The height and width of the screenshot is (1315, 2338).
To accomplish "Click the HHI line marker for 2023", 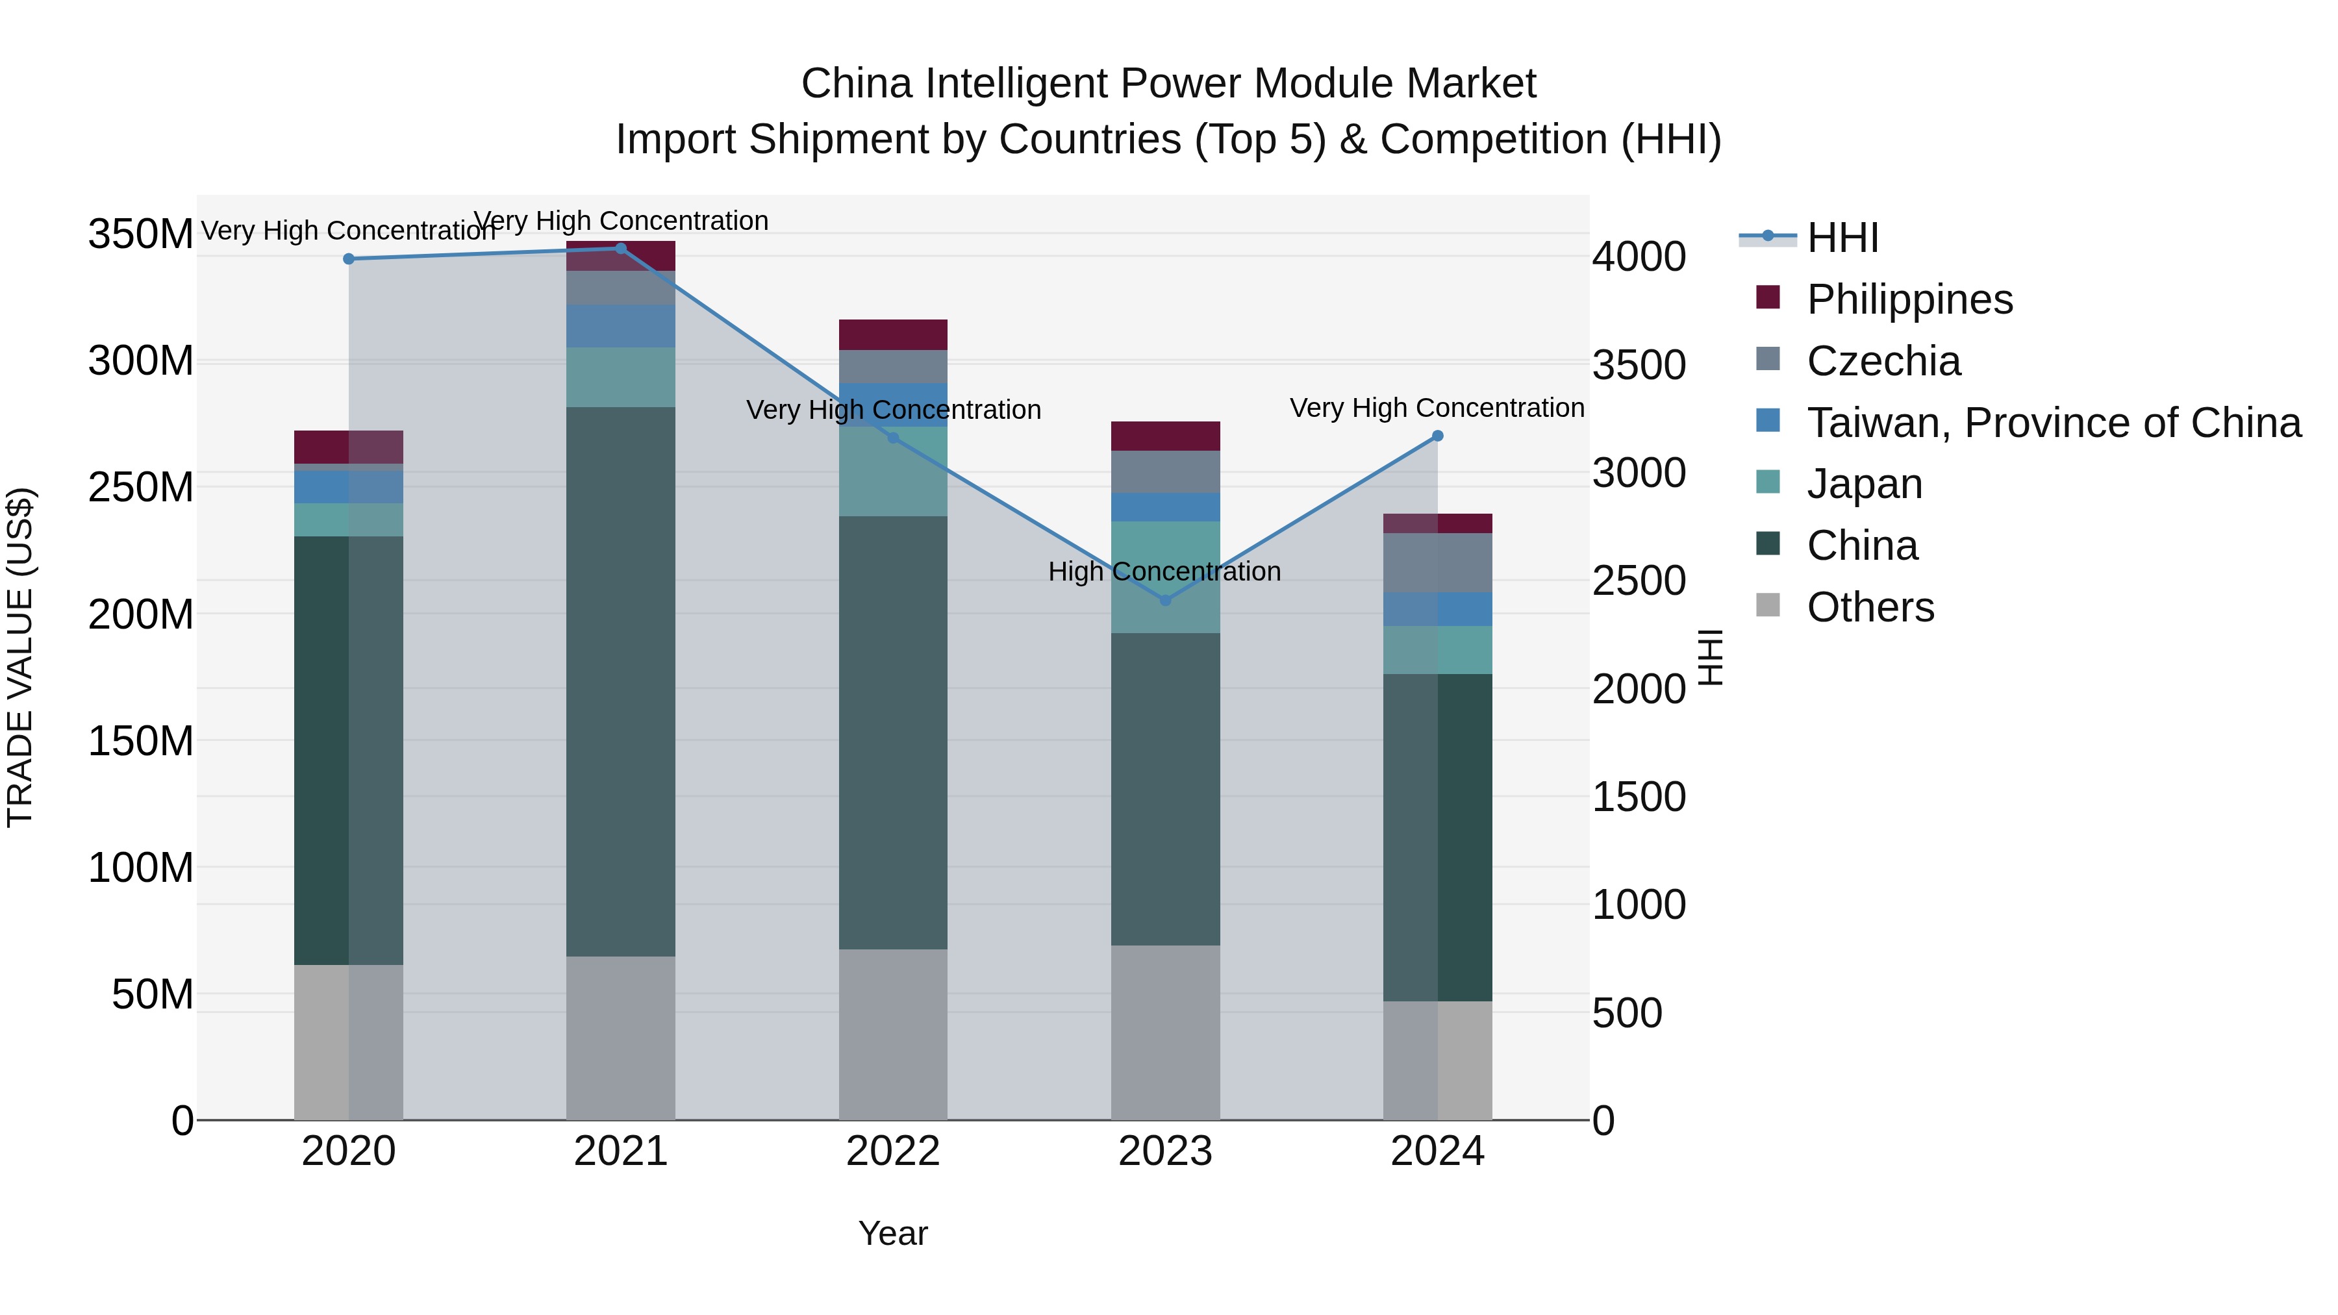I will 1165,600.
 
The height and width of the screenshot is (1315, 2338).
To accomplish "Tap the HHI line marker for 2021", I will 621,248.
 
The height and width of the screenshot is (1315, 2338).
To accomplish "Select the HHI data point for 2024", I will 1438,436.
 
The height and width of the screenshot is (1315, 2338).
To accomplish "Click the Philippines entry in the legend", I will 1909,299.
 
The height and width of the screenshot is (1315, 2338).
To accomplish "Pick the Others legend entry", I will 1870,607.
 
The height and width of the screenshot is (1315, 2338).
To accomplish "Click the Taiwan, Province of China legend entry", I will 2053,423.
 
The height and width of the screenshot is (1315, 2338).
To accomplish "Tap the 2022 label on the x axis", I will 893,1151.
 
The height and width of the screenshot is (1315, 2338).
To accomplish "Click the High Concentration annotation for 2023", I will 1164,571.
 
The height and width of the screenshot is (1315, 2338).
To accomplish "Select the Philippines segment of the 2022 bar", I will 893,335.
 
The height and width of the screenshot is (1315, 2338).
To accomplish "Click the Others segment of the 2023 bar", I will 1165,1032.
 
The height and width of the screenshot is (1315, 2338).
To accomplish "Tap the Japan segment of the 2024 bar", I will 1438,650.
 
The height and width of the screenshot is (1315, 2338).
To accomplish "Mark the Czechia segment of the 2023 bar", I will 1165,472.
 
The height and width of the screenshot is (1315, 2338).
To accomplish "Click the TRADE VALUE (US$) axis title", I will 20,657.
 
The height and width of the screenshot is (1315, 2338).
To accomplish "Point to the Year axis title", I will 893,1233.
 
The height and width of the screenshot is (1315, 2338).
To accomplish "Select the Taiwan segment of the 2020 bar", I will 349,487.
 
